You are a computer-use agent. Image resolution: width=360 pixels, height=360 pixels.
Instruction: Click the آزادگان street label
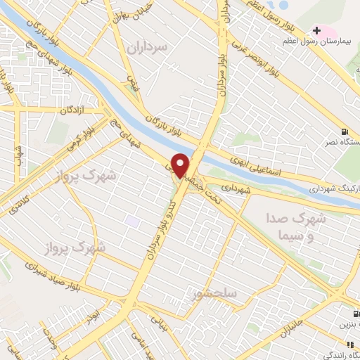(x=72, y=111)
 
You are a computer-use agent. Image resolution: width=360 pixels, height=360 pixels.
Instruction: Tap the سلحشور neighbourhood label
(x=218, y=290)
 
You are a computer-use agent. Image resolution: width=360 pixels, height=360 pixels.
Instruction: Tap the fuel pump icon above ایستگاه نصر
(x=343, y=130)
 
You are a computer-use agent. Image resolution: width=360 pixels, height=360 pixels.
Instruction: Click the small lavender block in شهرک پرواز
(x=131, y=221)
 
